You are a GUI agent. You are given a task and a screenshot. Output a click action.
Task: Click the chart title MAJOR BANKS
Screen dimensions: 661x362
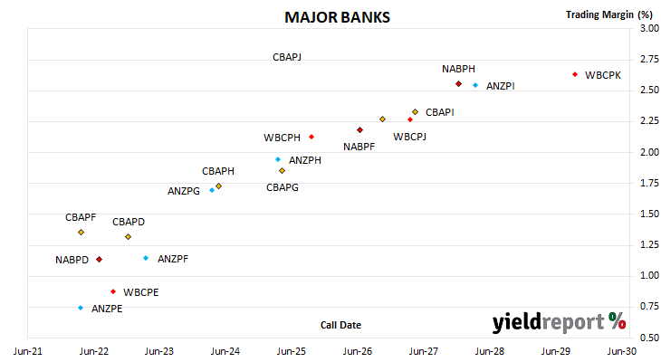click(337, 17)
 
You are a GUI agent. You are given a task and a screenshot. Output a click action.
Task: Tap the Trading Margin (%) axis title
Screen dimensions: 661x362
click(609, 14)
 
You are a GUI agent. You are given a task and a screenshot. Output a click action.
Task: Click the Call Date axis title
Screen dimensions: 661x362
click(340, 325)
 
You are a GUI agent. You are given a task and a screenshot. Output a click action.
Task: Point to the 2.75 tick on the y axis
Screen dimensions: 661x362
click(649, 59)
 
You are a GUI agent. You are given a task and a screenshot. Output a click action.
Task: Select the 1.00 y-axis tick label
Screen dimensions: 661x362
click(649, 275)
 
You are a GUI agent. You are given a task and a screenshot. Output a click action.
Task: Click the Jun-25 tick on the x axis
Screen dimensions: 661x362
click(292, 351)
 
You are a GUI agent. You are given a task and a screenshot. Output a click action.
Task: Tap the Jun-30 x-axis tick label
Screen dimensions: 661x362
click(622, 351)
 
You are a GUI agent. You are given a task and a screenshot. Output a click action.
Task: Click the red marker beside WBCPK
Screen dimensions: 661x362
click(575, 74)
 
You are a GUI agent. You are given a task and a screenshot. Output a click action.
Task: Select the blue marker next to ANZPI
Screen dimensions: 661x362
click(475, 85)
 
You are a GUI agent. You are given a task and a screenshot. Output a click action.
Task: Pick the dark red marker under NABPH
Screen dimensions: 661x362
click(459, 84)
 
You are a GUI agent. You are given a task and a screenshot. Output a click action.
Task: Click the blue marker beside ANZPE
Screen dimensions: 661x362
click(81, 308)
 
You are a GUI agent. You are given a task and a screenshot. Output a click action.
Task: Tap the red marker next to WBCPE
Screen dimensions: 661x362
click(113, 291)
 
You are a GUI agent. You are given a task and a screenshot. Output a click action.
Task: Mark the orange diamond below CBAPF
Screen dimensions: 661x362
click(81, 233)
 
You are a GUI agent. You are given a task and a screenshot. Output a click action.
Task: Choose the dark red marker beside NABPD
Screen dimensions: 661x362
click(99, 259)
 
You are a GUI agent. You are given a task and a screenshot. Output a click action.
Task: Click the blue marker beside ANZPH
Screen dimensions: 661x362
click(278, 159)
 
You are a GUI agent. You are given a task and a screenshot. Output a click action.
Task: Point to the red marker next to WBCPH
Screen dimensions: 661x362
click(311, 137)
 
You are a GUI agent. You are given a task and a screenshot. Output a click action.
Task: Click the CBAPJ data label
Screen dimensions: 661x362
click(287, 57)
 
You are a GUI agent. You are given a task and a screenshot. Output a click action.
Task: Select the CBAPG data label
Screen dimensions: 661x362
click(283, 187)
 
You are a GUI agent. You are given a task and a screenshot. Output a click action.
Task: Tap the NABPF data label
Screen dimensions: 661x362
click(359, 147)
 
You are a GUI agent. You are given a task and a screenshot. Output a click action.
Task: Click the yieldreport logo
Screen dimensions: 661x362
click(559, 322)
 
